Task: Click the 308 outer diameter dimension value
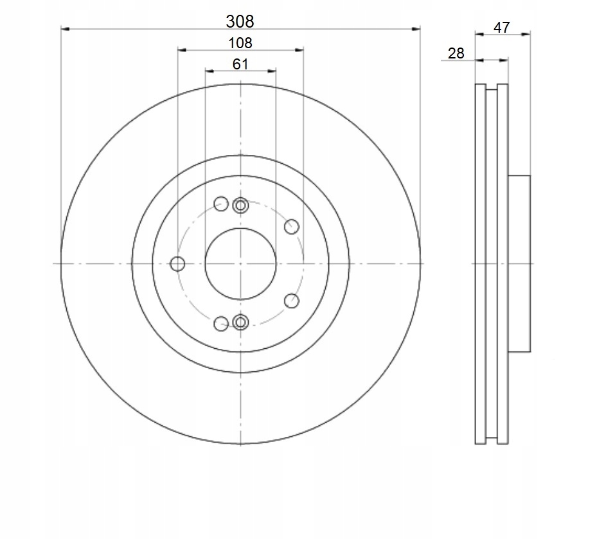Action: [240, 21]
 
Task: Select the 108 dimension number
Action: [240, 42]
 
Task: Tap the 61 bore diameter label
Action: [240, 64]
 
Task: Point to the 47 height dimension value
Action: [501, 28]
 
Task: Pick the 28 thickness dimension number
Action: [456, 53]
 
